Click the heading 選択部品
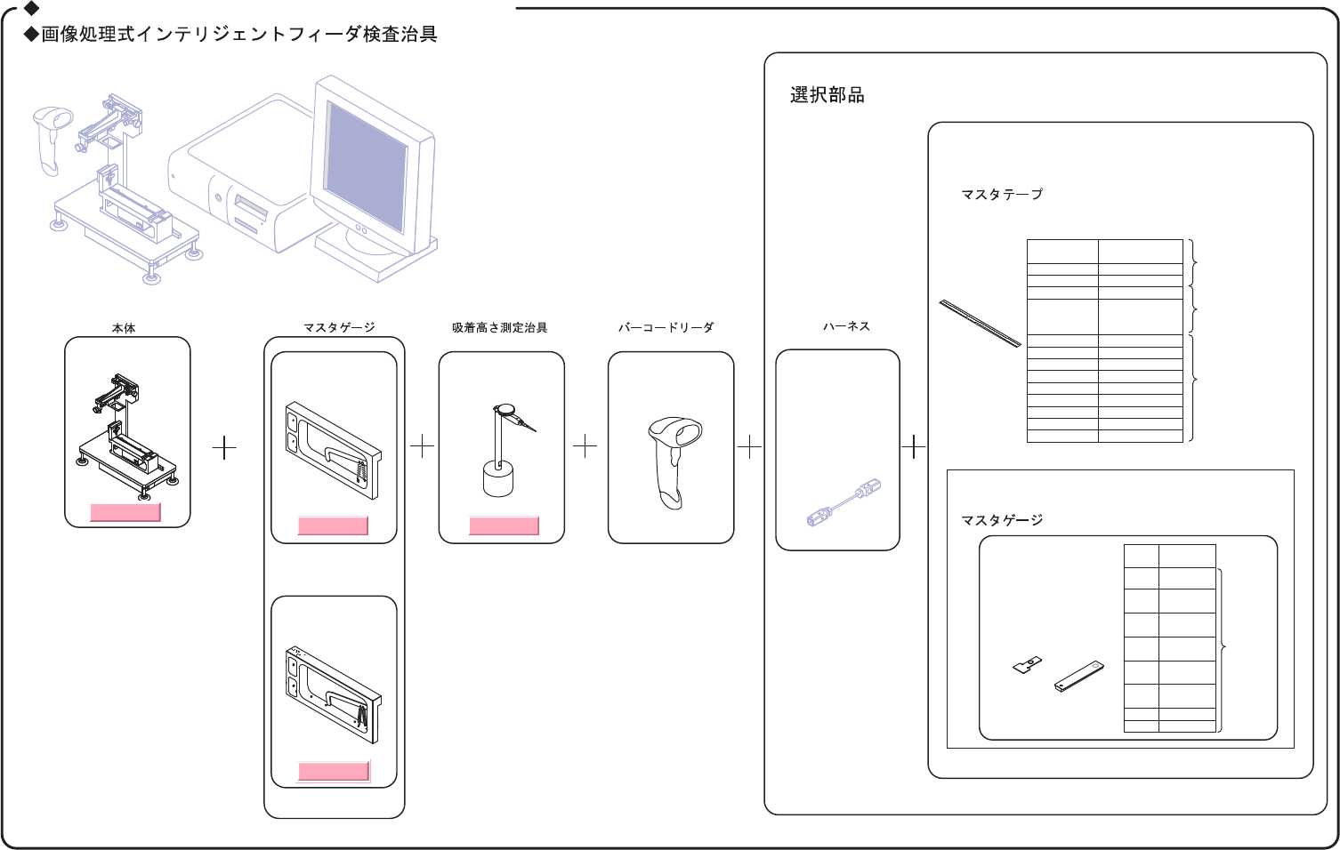(827, 95)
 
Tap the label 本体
(124, 328)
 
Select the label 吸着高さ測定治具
(499, 328)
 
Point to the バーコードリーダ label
(666, 328)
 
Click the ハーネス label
(846, 326)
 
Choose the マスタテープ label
(1001, 195)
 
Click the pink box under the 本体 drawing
(125, 512)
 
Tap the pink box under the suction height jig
(504, 525)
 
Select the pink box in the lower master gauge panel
(334, 771)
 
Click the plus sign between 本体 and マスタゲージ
(225, 447)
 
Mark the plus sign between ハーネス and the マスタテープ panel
(914, 445)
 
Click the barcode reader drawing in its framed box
(674, 459)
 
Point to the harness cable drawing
(844, 503)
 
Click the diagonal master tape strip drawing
(980, 323)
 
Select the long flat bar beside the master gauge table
(1079, 676)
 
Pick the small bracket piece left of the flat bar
(1028, 664)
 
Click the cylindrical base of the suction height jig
(498, 479)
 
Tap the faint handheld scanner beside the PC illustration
(51, 138)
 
